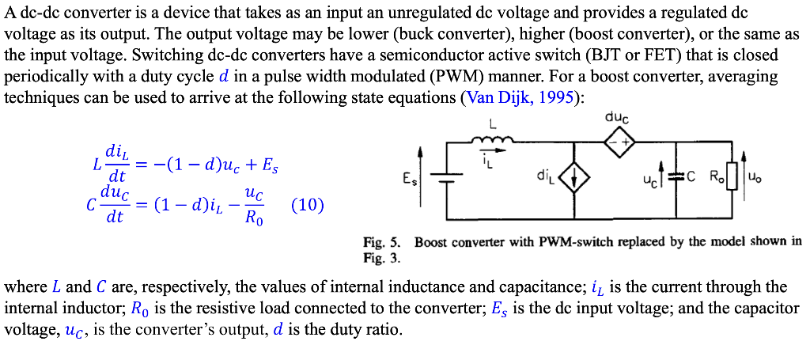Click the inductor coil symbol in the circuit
coord(492,142)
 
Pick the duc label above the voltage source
coord(617,118)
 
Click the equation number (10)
coord(308,205)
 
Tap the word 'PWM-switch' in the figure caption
coord(572,242)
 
